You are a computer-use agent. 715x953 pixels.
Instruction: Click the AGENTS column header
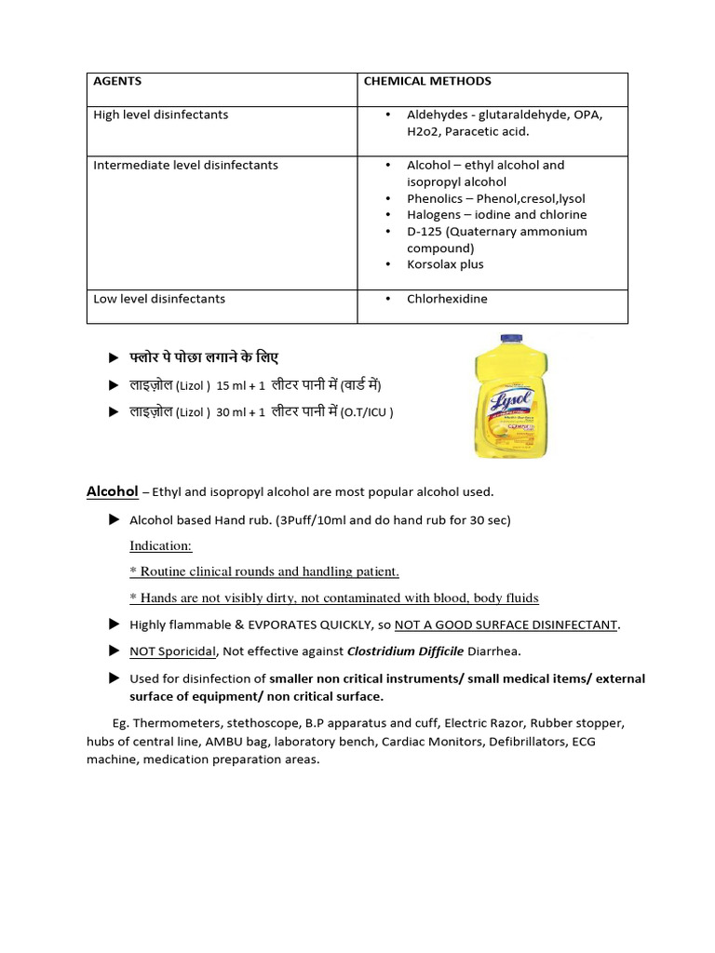(x=117, y=82)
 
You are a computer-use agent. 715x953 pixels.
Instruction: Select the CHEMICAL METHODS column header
(x=426, y=82)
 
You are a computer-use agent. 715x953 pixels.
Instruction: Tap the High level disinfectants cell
(x=161, y=115)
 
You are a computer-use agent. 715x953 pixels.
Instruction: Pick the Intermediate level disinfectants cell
(x=185, y=166)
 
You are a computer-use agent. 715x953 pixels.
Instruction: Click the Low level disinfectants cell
(x=159, y=300)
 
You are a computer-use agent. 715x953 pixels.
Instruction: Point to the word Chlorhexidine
(x=447, y=300)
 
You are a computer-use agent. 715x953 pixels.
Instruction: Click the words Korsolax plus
(x=445, y=265)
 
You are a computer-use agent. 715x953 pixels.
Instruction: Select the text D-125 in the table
(x=425, y=232)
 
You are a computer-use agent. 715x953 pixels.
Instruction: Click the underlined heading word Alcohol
(x=113, y=491)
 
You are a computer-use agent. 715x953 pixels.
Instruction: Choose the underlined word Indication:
(x=160, y=545)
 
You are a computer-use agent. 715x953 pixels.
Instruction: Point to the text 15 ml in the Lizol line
(x=228, y=385)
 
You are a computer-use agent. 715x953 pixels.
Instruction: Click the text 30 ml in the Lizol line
(x=228, y=412)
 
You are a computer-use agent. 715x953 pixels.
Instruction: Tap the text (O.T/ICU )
(x=367, y=412)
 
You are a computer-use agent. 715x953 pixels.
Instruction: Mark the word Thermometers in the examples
(x=174, y=723)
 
